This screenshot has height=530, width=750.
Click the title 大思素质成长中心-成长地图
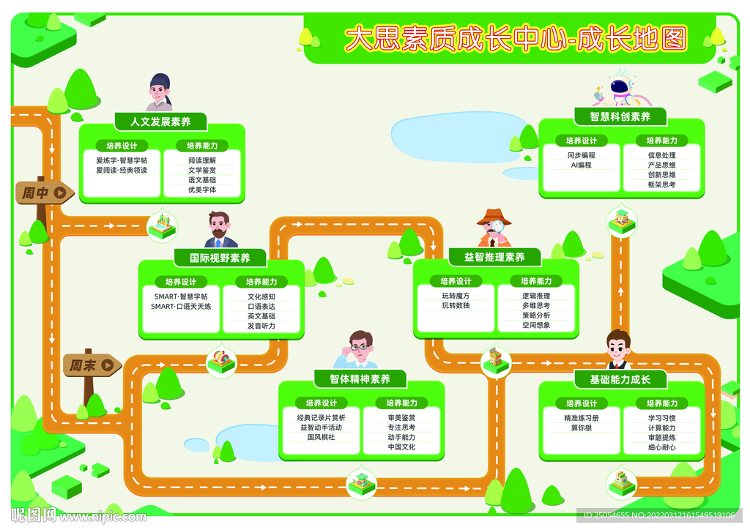click(516, 39)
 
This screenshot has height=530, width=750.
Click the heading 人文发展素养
click(160, 122)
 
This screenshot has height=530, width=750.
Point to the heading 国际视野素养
click(220, 258)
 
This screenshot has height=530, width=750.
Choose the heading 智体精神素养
click(360, 378)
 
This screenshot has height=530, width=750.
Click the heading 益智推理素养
click(494, 257)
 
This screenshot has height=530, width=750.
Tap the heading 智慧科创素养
click(620, 116)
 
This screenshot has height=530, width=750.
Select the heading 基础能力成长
click(620, 379)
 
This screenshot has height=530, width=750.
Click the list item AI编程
click(581, 165)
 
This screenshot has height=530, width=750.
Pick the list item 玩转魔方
click(456, 296)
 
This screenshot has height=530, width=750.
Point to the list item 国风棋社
click(321, 437)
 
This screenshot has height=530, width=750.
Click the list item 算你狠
click(581, 428)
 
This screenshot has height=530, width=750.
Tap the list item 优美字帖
click(202, 190)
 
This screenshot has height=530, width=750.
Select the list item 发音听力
click(261, 326)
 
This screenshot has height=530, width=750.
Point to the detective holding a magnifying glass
click(494, 228)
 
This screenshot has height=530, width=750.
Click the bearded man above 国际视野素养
click(220, 230)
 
